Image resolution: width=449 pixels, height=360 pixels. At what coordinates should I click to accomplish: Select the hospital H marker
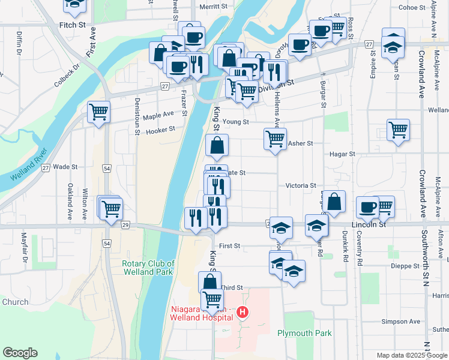[x=243, y=312]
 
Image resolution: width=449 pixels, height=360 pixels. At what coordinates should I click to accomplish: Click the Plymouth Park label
[x=304, y=333]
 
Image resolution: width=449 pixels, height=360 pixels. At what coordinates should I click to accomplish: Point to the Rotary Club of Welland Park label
[x=148, y=268]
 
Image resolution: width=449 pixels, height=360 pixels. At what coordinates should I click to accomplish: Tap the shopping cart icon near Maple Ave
[x=98, y=112]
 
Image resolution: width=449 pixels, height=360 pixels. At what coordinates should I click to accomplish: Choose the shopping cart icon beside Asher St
[x=275, y=139]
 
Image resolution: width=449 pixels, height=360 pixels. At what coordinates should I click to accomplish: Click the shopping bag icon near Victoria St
[x=336, y=202]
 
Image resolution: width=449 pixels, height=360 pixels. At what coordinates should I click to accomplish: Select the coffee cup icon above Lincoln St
[x=368, y=207]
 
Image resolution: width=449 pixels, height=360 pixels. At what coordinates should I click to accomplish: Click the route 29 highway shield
[x=125, y=224]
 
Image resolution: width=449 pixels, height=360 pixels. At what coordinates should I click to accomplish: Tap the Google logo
[x=20, y=353]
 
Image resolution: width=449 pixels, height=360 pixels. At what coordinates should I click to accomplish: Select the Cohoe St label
[x=412, y=7]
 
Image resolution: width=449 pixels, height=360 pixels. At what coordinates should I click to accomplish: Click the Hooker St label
[x=160, y=129]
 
